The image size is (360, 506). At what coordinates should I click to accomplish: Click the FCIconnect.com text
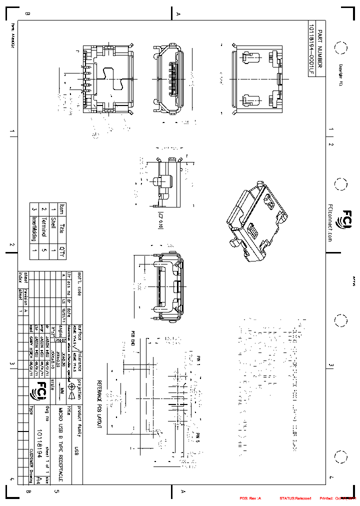click(330, 222)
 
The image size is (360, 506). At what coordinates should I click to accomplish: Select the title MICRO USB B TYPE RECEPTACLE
click(61, 444)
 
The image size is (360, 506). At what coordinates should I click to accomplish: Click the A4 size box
click(38, 480)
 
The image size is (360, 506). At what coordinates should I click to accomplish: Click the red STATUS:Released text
click(295, 498)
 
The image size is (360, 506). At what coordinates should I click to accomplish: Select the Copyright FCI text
click(341, 75)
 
